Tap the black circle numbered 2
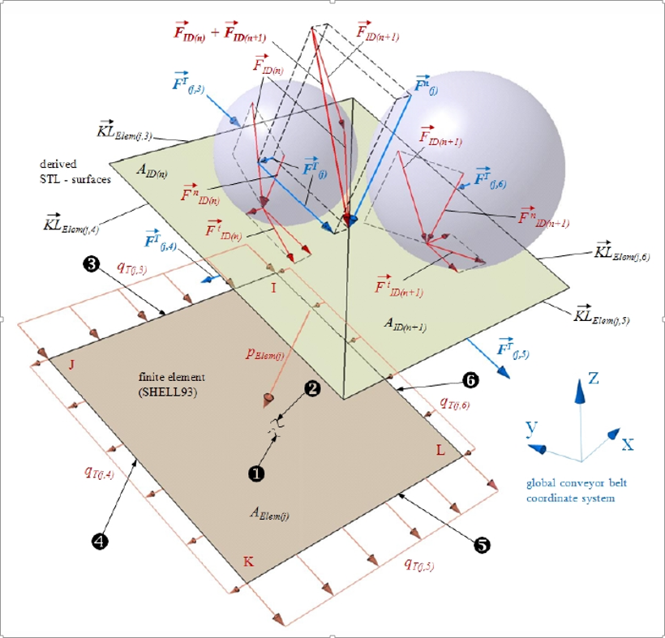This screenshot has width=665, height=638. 311,388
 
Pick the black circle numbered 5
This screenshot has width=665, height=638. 481,545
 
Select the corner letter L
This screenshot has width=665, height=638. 440,450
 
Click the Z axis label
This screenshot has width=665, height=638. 594,379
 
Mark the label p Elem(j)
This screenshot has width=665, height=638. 265,354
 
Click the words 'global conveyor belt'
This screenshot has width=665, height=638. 576,483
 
